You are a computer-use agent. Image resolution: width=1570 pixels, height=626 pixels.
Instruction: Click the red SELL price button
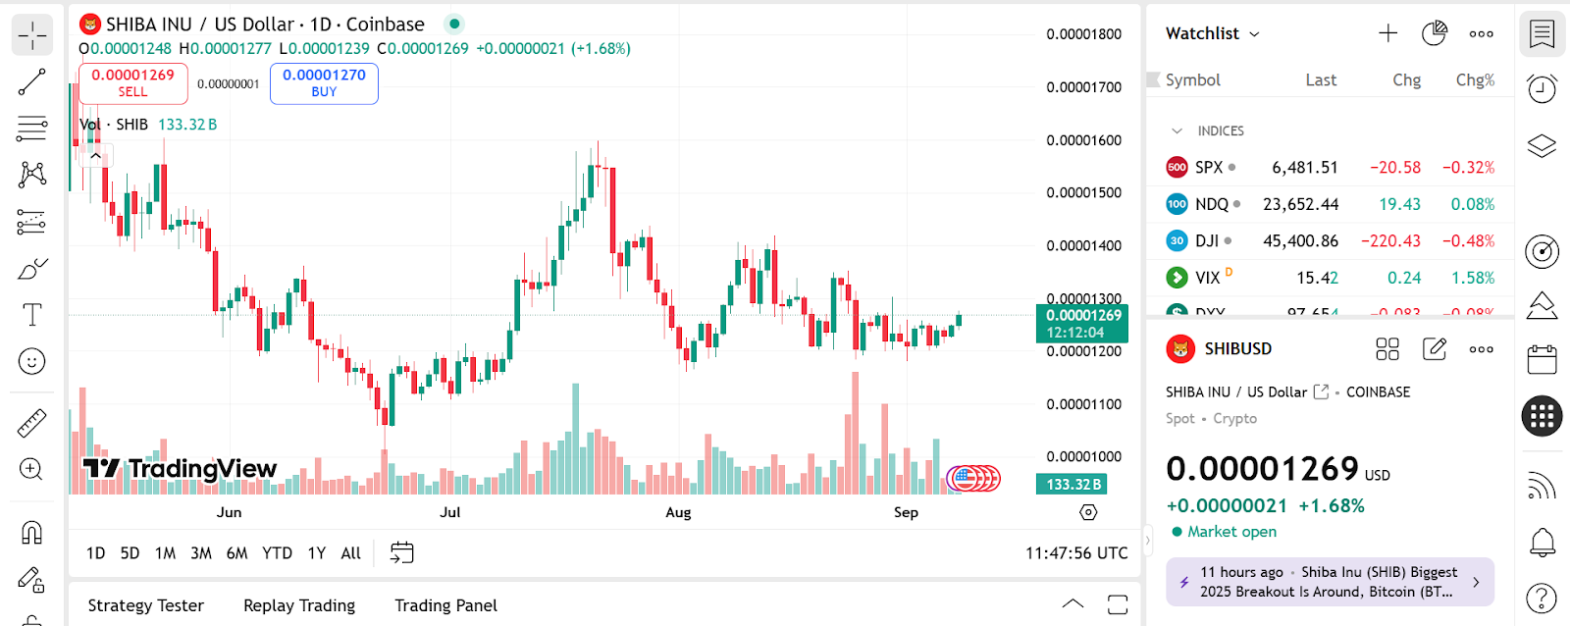pos(132,83)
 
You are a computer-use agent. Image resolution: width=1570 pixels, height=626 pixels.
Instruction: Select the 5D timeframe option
pos(130,553)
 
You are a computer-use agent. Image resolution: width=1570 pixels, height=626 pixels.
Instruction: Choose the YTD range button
pos(277,553)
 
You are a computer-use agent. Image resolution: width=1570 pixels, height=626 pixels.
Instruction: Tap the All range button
pos(350,553)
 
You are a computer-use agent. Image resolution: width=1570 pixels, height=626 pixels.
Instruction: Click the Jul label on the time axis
pos(449,512)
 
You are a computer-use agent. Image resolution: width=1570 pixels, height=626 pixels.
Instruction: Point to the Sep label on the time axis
pos(906,512)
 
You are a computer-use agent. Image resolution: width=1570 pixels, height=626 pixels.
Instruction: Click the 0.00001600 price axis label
pos(1083,140)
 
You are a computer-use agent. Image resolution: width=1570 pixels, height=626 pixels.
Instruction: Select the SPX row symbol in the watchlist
pos(1209,168)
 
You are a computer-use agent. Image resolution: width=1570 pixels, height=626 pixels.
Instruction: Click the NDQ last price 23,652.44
pos(1300,204)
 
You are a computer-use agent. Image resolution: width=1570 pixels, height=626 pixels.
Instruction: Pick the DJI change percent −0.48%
pos(1468,241)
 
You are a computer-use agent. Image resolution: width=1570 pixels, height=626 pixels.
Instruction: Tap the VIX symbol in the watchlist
pos(1207,279)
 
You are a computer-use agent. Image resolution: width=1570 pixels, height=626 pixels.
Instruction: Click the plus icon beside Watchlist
pos(1387,33)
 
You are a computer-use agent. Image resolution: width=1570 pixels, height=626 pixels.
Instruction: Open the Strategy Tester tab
pos(146,605)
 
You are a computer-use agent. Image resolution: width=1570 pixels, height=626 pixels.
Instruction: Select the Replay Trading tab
pos(299,605)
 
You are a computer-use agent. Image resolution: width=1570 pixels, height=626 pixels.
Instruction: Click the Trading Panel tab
pos(445,605)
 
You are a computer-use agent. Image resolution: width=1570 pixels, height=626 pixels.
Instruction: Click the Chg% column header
pos(1475,80)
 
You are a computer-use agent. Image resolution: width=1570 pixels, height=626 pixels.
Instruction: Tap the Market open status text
pos(1231,532)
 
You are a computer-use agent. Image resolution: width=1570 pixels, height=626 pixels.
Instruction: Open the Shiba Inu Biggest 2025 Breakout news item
pos(1329,582)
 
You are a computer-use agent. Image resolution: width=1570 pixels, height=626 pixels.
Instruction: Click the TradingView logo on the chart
pos(180,469)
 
